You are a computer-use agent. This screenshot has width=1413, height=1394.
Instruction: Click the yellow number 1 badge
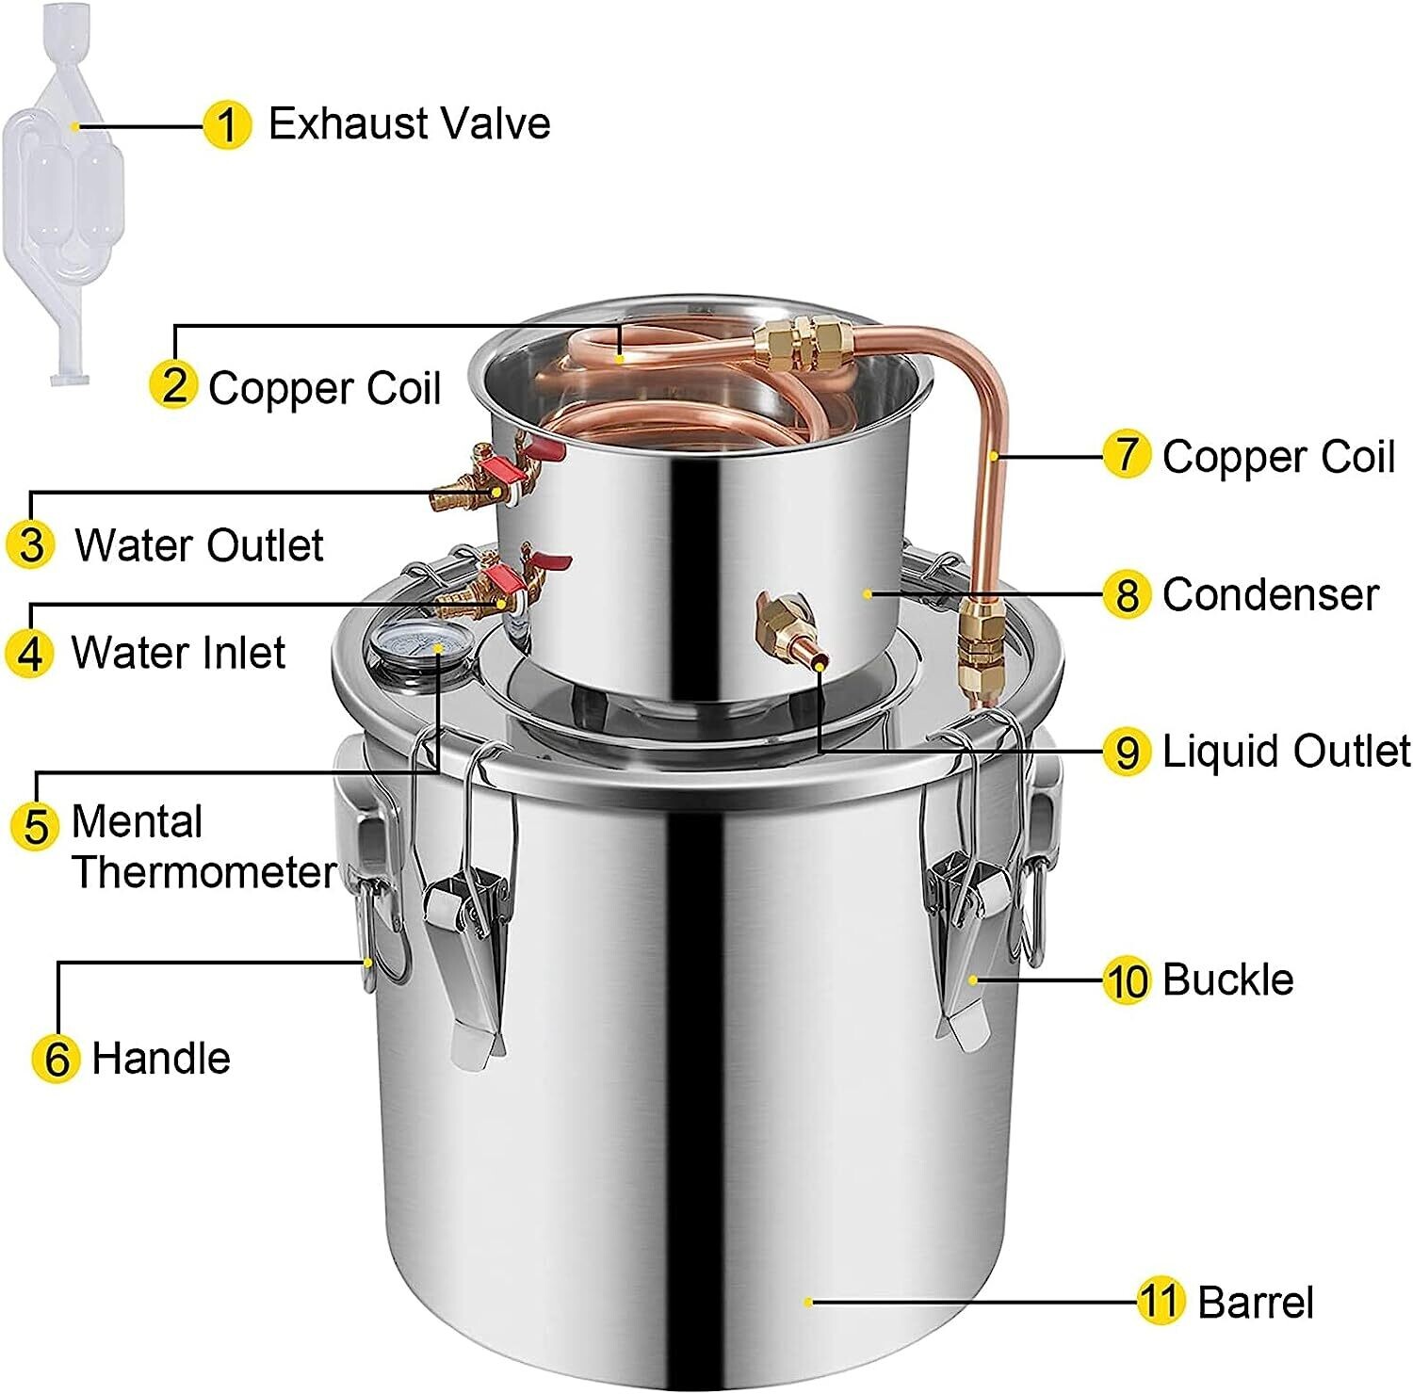[x=227, y=125]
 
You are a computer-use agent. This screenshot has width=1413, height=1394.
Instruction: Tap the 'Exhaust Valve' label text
[x=409, y=123]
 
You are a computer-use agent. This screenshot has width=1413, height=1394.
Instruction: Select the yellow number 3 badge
[x=31, y=545]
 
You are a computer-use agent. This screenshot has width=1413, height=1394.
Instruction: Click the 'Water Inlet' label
[x=178, y=653]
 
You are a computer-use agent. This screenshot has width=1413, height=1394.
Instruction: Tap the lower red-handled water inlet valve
[x=499, y=585]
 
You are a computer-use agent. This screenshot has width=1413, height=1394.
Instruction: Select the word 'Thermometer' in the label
[x=203, y=872]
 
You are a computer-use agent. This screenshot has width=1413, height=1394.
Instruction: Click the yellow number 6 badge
[x=56, y=1058]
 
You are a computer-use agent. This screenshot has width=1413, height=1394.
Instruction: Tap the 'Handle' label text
[x=161, y=1058]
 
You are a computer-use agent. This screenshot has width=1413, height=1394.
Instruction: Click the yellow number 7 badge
[x=1127, y=455]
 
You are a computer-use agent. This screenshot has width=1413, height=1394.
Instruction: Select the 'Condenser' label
[x=1270, y=594]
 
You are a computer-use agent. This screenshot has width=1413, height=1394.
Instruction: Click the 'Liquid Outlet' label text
[x=1286, y=751]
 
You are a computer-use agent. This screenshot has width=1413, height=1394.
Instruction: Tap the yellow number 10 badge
[x=1127, y=981]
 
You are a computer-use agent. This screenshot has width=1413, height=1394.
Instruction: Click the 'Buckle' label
[x=1227, y=980]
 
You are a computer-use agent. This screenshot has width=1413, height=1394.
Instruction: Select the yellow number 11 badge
[x=1160, y=1302]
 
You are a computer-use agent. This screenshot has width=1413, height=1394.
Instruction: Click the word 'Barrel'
[x=1255, y=1303]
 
